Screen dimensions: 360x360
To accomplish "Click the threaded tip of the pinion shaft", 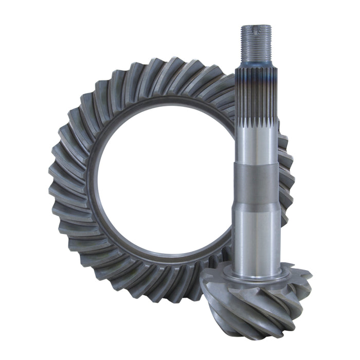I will pyautogui.click(x=256, y=41).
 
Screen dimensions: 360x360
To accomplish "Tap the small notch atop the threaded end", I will pyautogui.click(x=256, y=25).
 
